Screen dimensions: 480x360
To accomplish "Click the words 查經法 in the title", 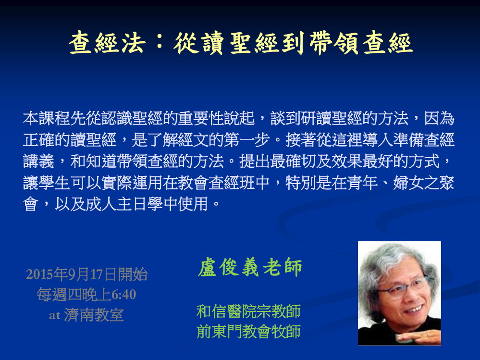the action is [x=108, y=43].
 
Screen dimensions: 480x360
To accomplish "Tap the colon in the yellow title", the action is [x=160, y=43].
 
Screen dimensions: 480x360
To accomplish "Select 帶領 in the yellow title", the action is [x=333, y=43].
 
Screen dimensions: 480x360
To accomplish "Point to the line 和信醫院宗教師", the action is [x=248, y=311].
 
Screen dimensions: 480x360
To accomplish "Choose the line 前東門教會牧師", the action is [x=248, y=331].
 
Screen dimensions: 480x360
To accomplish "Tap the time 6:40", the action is [x=123, y=295].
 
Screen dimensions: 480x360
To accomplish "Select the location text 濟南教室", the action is [x=94, y=315].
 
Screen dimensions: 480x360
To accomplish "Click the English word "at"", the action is [x=54, y=315].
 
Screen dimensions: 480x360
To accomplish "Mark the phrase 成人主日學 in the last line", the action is [x=124, y=204].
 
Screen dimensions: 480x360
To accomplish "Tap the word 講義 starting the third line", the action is [x=38, y=161].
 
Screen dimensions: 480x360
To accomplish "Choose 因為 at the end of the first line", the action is [x=439, y=118].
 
